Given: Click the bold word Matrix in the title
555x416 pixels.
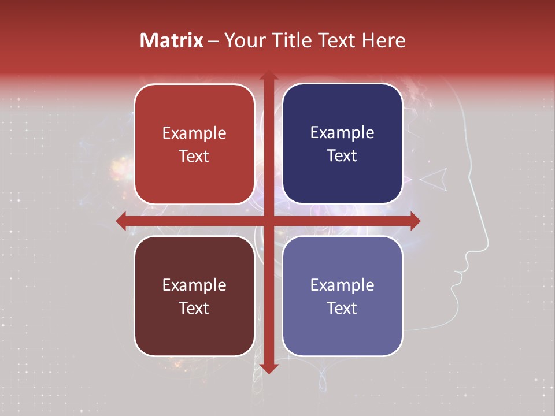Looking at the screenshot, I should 172,40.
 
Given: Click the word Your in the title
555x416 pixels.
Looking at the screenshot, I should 243,40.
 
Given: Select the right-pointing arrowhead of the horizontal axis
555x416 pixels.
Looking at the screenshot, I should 415,221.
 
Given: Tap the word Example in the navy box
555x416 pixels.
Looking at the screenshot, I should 342,132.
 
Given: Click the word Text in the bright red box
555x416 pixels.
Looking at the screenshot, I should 194,156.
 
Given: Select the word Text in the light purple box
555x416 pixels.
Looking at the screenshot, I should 342,308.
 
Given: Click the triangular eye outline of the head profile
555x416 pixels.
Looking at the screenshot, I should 435,179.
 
